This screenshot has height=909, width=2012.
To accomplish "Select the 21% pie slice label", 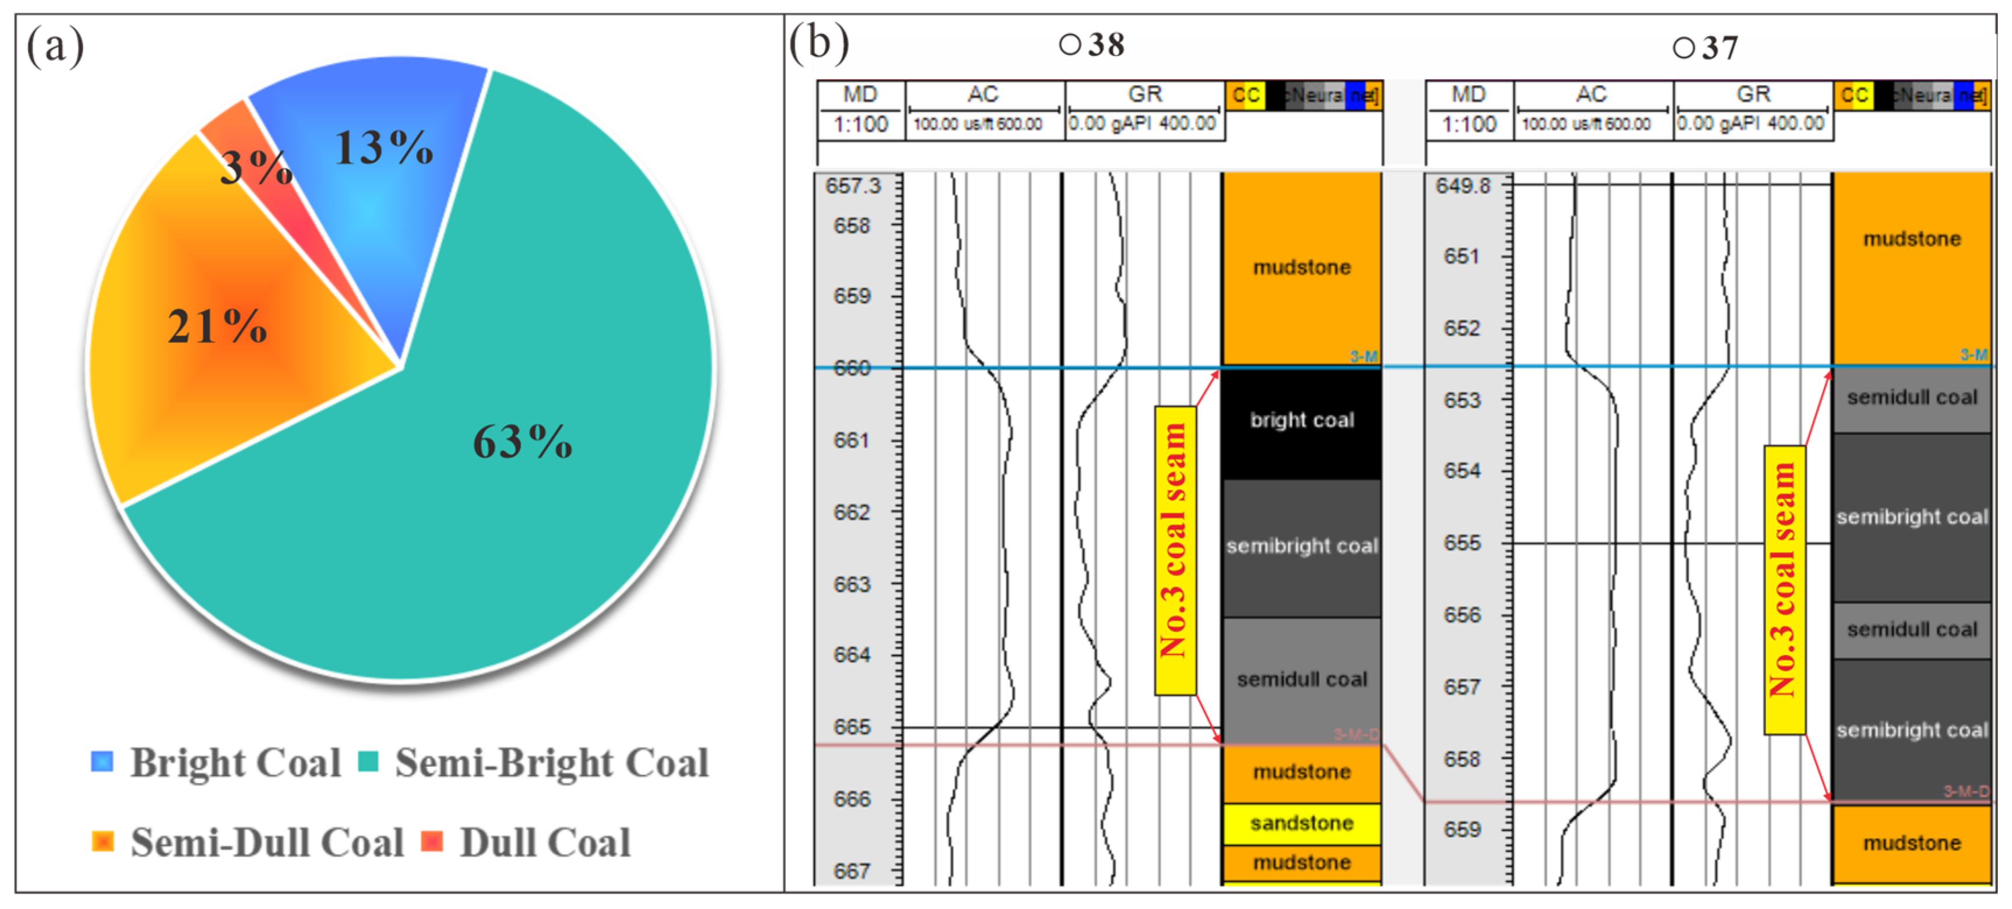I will coord(217,326).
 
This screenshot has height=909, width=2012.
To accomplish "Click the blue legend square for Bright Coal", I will coord(101,762).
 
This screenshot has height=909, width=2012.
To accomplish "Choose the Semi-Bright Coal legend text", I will coord(551,763).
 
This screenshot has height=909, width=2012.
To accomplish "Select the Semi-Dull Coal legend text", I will coord(266,843).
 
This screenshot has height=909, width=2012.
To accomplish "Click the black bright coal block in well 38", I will coord(1301,422).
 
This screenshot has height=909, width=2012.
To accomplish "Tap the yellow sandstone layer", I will coord(1301,823).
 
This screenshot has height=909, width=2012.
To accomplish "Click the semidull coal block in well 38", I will coord(1301,679).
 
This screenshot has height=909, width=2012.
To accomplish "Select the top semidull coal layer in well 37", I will coord(1911,399).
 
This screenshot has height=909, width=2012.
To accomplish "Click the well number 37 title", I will coord(1706,48).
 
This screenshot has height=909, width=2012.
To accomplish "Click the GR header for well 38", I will coord(1144,94).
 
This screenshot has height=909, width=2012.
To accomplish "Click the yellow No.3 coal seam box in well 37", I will coord(1784,590).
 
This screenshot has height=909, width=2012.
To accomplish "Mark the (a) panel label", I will coord(55,45).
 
